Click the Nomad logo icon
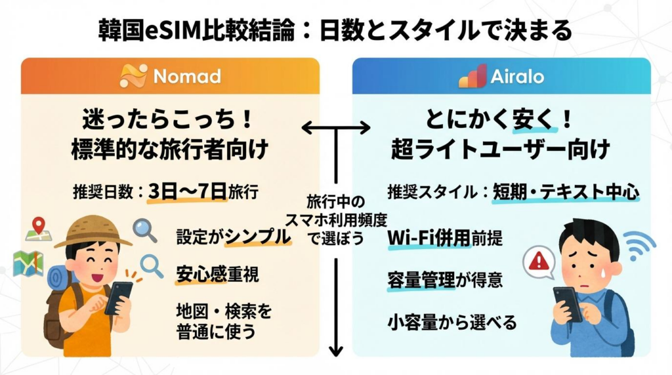point(134,76)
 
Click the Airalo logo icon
point(472,76)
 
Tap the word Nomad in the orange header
point(178,77)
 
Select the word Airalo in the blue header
point(517,77)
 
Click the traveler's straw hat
point(93,231)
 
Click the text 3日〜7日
point(187,192)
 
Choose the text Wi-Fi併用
point(429,237)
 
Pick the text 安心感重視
point(217,274)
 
